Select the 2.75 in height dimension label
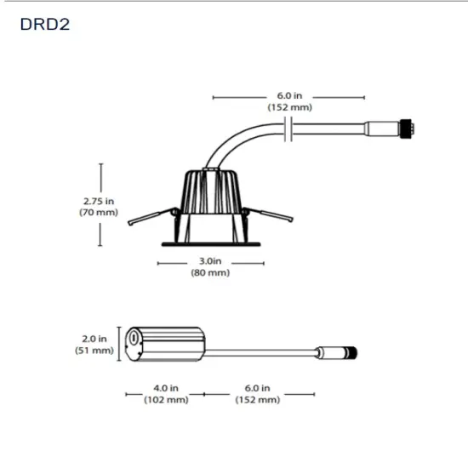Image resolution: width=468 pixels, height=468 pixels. (x=99, y=201)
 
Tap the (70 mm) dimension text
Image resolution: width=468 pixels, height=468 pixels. (x=99, y=212)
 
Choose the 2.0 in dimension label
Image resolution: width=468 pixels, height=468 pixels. (x=95, y=338)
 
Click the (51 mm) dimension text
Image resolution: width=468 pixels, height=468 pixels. (x=95, y=350)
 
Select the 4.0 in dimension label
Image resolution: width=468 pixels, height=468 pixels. (x=166, y=387)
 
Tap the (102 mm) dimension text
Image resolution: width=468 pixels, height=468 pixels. (x=166, y=399)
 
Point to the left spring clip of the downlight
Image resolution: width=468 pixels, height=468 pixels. (x=146, y=218)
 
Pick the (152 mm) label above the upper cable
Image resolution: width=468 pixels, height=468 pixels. (x=289, y=108)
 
